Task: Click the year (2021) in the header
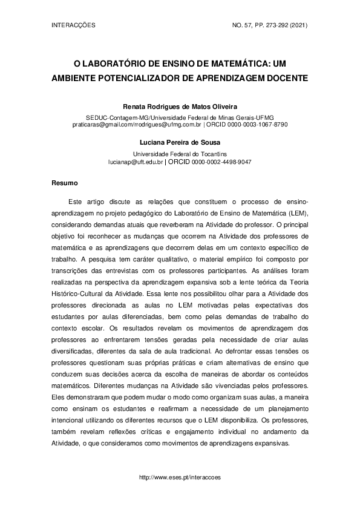298,25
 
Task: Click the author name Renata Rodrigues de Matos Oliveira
180,105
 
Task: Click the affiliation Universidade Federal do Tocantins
180,154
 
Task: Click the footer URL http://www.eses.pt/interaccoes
180,477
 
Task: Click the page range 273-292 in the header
267,25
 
